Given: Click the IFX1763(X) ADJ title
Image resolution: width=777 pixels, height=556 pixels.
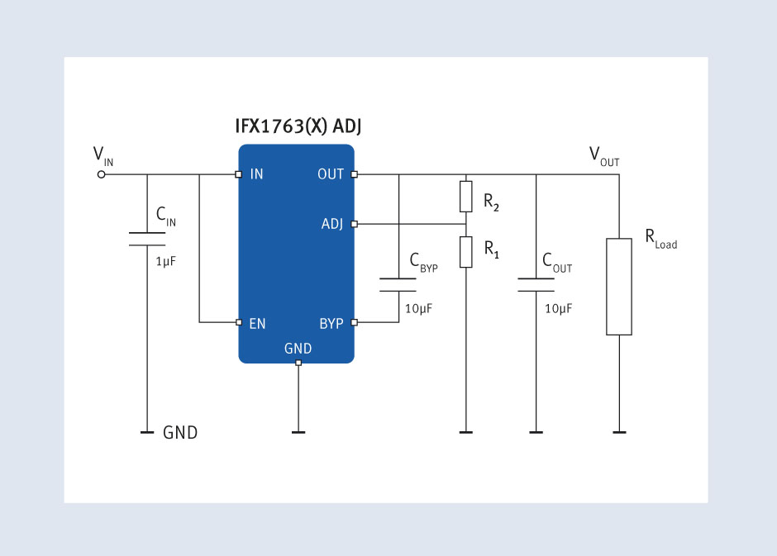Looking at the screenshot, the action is (298, 126).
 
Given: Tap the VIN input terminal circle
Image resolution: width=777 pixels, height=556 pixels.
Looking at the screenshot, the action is (101, 174).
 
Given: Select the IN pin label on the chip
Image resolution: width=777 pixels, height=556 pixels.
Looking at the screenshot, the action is (256, 174).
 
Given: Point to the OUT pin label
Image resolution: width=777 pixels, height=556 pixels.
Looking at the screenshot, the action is (331, 174).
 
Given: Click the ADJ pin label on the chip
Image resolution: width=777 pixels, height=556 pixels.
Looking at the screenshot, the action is (332, 224).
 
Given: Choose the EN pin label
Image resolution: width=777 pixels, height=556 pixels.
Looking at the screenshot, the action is (257, 324).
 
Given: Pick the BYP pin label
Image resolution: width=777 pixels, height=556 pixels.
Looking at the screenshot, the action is (331, 324).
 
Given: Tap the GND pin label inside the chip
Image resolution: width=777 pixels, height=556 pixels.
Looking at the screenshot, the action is (298, 349).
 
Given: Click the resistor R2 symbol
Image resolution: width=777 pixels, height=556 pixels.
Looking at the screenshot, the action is (466, 197).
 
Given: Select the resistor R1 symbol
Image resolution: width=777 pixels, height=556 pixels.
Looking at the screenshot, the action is (466, 252).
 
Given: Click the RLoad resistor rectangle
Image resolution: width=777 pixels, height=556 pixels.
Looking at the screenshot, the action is (619, 287).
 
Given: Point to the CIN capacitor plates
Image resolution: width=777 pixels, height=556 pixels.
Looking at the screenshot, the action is (147, 239).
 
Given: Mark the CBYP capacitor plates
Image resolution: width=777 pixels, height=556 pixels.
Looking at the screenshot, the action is (398, 285).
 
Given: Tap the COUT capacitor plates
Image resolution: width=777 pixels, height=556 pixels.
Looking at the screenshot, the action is (536, 285).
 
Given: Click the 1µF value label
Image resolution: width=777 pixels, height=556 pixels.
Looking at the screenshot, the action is (165, 261).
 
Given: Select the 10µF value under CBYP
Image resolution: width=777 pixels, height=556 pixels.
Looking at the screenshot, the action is (419, 309).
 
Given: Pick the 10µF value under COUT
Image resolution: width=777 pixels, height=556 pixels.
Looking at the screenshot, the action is (559, 309).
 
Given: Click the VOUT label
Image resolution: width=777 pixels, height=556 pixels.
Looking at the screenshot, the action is (604, 156).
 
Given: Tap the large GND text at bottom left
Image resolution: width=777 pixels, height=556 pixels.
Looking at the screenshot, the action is (180, 433).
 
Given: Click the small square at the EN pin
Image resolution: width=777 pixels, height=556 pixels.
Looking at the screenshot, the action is (239, 322).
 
